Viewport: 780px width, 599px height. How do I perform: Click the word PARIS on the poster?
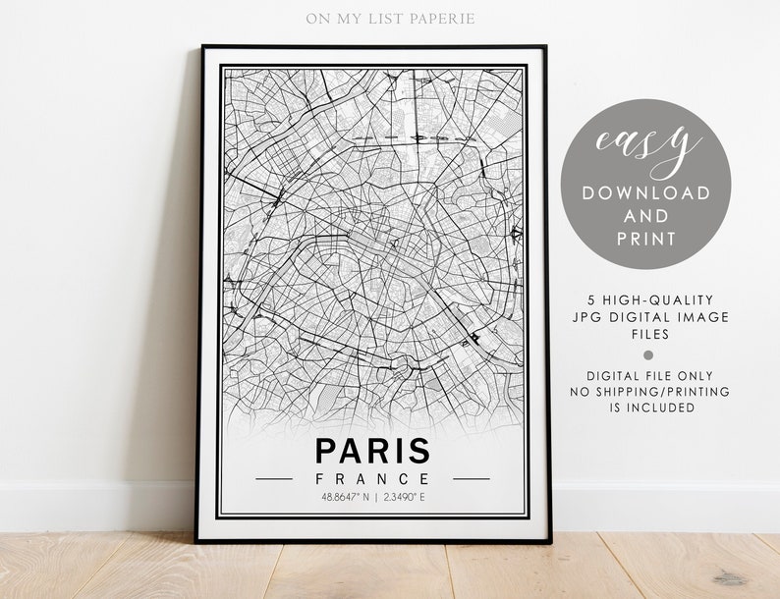372,451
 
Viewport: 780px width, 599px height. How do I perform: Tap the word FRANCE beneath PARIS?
372,479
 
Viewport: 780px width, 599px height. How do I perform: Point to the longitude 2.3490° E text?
406,497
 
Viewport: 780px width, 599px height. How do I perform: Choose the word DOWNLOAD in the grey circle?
646,192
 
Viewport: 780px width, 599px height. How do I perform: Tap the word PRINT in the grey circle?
646,239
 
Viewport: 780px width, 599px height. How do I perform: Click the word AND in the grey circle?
646,216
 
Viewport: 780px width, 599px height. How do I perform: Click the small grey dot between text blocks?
646,354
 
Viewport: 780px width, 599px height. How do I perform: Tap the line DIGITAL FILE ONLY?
650,375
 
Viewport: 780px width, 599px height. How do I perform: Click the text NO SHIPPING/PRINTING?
650,391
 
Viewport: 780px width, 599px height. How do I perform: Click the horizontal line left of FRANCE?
274,479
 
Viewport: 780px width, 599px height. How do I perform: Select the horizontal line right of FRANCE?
471,479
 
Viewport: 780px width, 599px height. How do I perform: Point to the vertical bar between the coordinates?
376,497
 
